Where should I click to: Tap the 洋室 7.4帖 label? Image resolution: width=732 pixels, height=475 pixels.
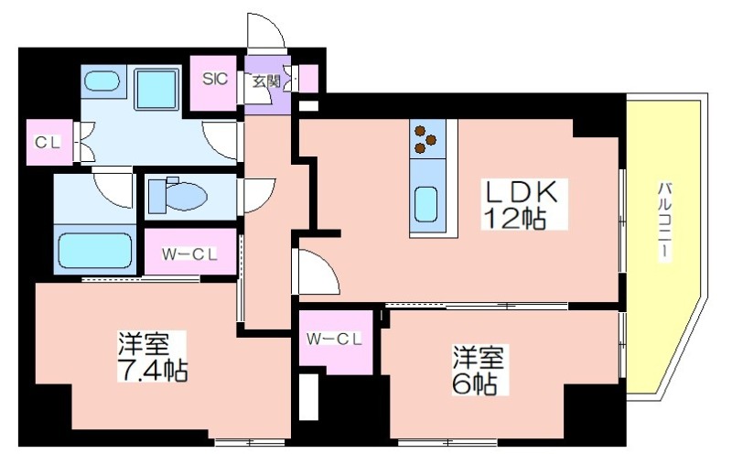[x=152, y=357]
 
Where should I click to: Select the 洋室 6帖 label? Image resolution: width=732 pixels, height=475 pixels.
[x=478, y=370]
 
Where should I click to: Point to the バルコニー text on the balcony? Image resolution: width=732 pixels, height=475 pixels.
[x=665, y=221]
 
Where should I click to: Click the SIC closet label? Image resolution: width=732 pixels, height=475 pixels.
[x=215, y=79]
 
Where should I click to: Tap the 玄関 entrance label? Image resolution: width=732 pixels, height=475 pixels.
[x=266, y=81]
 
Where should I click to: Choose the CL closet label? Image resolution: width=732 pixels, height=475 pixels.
[x=48, y=143]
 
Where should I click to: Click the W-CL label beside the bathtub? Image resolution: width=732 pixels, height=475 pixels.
[x=189, y=254]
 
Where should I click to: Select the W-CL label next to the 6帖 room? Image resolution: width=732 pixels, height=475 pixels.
[x=334, y=340]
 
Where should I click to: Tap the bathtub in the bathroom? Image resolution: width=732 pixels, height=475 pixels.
[x=95, y=250]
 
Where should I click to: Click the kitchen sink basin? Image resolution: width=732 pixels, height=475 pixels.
[x=425, y=205]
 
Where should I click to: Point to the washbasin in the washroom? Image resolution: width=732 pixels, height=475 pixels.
[x=102, y=81]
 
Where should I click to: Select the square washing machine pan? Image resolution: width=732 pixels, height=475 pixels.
[x=156, y=89]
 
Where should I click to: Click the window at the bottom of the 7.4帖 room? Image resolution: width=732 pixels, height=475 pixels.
[x=250, y=442]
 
